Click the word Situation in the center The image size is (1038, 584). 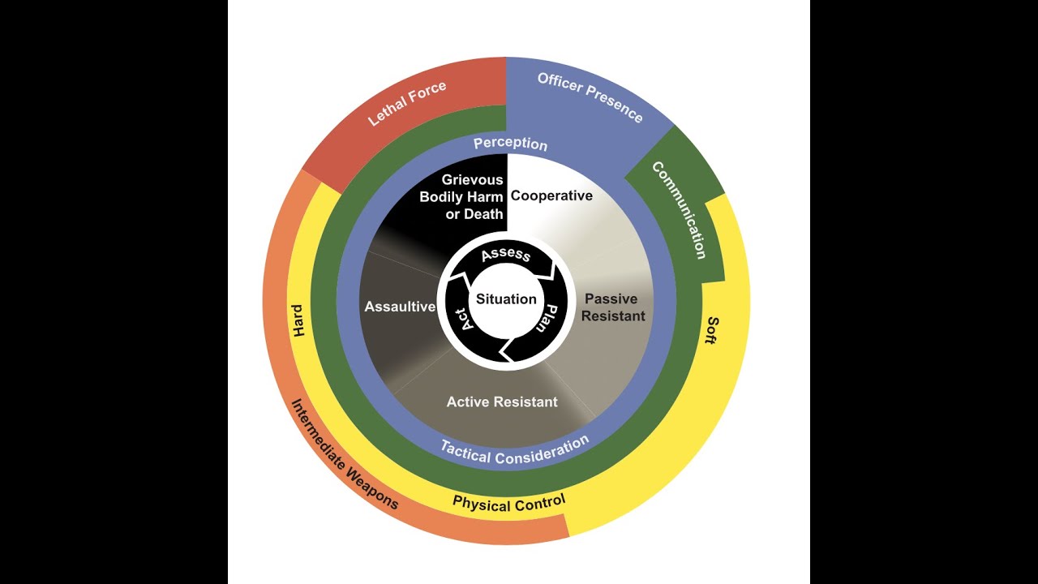point(506,298)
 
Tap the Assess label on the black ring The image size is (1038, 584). point(506,254)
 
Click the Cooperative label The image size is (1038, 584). point(551,195)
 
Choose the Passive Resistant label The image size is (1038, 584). point(613,307)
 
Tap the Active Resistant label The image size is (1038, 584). point(502,401)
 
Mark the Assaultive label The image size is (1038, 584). point(400,307)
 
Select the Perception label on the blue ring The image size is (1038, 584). point(510,144)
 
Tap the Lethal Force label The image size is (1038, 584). point(407,104)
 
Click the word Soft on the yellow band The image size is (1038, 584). point(709,330)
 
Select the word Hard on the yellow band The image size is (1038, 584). point(297,321)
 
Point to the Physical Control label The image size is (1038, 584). point(508,504)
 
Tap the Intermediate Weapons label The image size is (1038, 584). point(345,455)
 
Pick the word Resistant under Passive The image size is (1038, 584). point(613,316)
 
